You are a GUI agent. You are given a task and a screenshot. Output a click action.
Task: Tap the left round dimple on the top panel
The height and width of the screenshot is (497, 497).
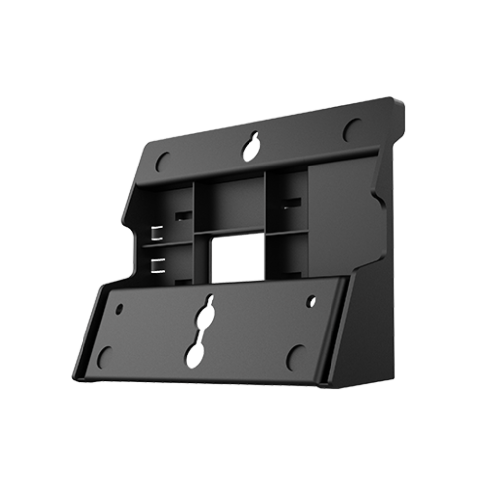pos(164,160)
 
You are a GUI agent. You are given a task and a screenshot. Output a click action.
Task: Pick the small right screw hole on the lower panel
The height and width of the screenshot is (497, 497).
pos(311,300)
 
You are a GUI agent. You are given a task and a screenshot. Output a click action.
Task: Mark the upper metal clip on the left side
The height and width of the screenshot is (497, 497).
pos(157,232)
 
